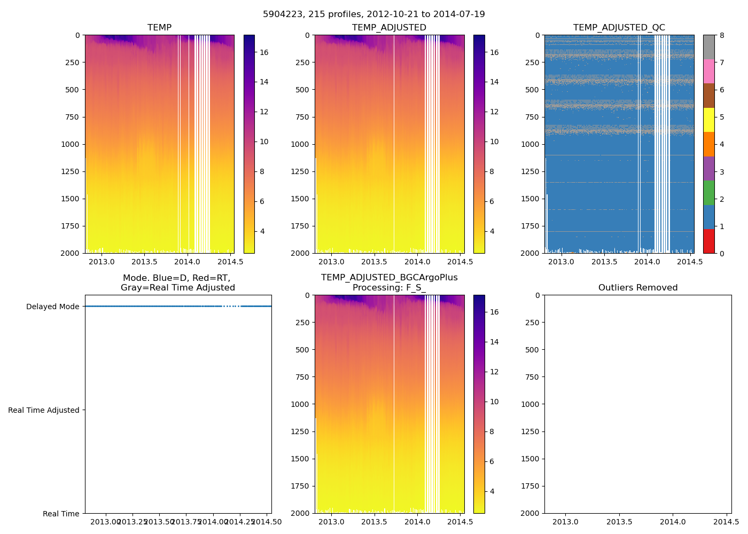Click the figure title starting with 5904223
tap(373, 14)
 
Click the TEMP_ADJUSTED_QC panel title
tap(619, 28)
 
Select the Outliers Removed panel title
tap(637, 288)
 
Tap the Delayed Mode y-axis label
tap(52, 307)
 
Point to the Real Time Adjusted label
tap(44, 410)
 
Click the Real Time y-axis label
tap(61, 514)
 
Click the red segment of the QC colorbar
tap(708, 241)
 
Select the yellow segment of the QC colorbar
tap(708, 120)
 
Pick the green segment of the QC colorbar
tap(708, 193)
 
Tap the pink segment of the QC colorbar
tap(708, 71)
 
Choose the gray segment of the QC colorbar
tap(708, 47)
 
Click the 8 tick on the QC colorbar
tap(722, 35)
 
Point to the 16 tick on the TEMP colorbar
tap(264, 52)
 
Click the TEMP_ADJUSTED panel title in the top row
tap(389, 28)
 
